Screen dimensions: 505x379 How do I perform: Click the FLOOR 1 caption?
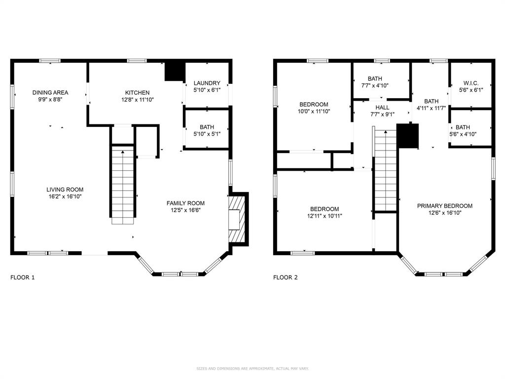point(22,277)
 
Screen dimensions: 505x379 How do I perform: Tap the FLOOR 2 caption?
point(286,277)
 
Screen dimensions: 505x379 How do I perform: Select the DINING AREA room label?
point(50,93)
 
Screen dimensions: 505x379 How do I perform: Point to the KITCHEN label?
point(137,93)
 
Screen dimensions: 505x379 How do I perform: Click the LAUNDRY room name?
point(207,83)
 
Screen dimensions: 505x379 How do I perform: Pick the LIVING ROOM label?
point(65,190)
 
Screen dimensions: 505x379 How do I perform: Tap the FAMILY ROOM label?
point(185,203)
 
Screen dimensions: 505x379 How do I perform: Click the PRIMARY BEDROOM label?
point(445,206)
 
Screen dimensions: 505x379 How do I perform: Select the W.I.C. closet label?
point(471,83)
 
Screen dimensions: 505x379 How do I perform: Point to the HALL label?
point(382,108)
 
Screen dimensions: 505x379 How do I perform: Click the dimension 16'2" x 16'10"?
point(65,196)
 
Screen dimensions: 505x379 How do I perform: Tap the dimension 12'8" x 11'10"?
point(137,100)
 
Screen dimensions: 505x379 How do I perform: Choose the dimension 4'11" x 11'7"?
point(431,109)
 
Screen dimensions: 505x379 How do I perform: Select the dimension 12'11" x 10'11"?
point(325,216)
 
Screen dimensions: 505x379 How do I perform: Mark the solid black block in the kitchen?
point(176,72)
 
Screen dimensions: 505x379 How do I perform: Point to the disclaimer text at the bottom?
point(252,368)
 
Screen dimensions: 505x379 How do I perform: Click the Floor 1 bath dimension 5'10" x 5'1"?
point(207,134)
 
